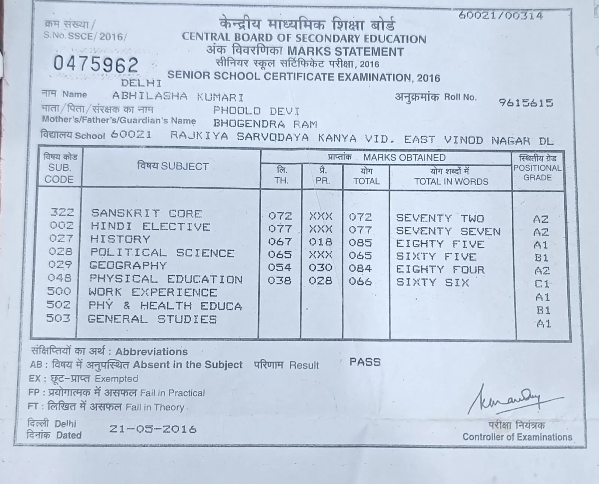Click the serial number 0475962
point(96,64)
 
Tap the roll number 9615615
point(526,103)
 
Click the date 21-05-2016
point(153,429)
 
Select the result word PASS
point(365,362)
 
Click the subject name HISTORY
point(120,239)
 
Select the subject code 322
point(62,212)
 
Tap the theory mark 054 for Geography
point(279,267)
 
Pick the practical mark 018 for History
point(320,242)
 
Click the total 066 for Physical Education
point(360,281)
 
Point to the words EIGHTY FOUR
point(440,269)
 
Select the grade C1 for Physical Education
point(541,284)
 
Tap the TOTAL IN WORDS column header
point(451,177)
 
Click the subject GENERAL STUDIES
point(152,319)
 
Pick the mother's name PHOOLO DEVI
point(256,111)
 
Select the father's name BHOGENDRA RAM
point(265,124)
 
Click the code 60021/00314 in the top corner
point(500,15)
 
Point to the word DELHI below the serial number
point(141,82)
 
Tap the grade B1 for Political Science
point(541,258)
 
